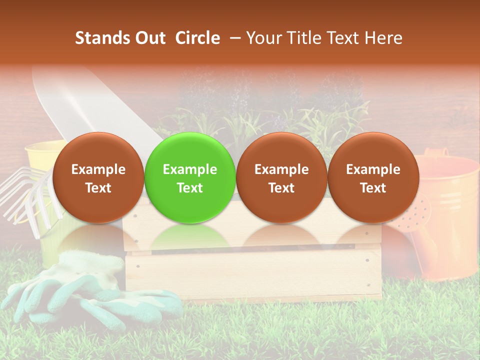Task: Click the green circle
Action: click(190, 178)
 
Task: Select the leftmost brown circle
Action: click(98, 178)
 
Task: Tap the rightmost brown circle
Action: click(373, 178)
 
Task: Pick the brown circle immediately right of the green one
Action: click(281, 178)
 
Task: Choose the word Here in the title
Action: click(383, 38)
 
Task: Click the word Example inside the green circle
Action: click(190, 169)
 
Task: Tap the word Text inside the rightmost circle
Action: click(373, 188)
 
